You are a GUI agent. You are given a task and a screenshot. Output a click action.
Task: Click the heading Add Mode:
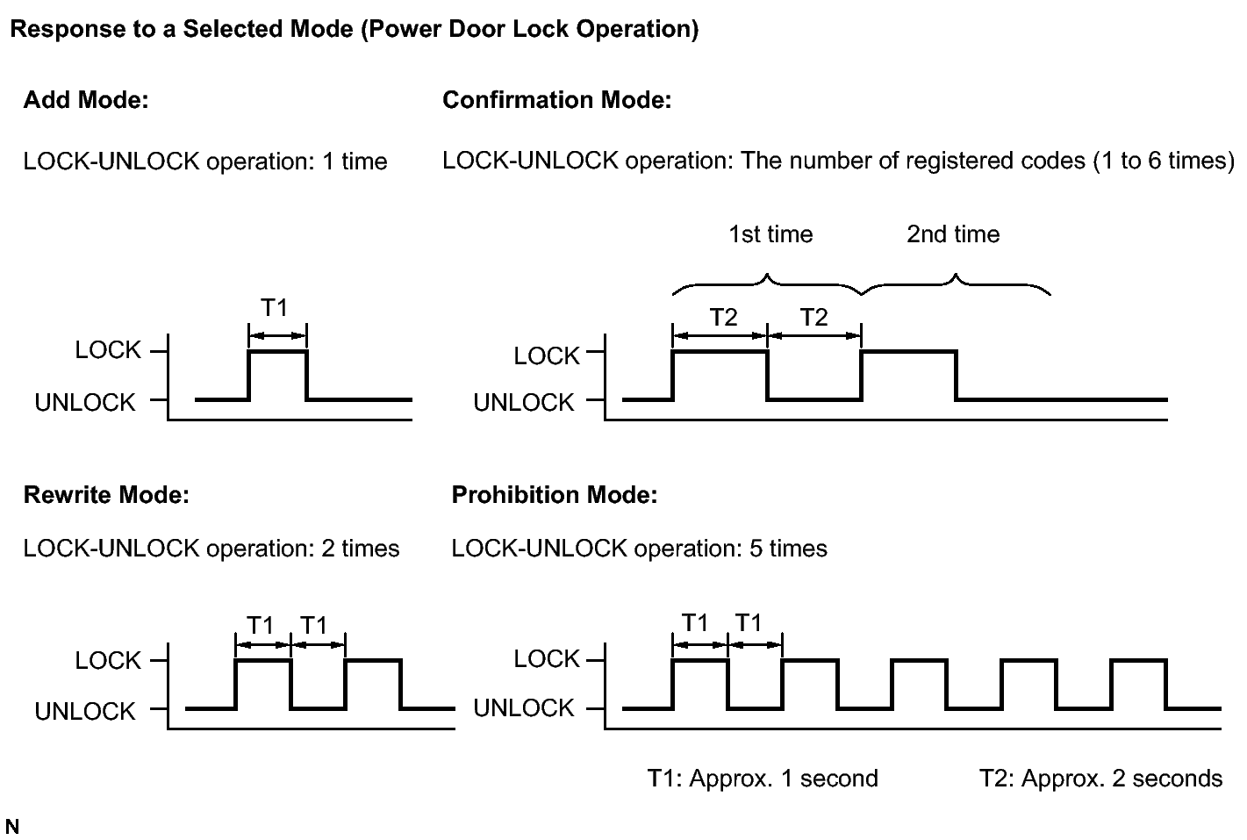86,100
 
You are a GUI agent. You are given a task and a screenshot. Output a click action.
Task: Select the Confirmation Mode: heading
556,100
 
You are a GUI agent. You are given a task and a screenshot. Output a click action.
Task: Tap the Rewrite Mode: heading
106,494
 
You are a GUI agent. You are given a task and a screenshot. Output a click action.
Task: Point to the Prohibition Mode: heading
555,494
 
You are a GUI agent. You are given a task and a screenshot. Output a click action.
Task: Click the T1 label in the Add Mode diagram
274,307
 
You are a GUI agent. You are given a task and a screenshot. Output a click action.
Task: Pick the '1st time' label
770,233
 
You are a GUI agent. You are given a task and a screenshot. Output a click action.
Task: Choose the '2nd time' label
953,233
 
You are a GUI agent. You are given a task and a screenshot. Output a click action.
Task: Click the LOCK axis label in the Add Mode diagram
108,350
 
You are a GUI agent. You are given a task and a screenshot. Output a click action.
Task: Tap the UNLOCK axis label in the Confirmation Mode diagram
523,403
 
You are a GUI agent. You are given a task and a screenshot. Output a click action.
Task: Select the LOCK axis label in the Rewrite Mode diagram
108,661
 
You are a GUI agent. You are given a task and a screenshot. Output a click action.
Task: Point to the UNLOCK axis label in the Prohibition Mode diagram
523,708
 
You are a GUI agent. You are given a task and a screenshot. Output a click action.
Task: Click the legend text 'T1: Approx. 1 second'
763,779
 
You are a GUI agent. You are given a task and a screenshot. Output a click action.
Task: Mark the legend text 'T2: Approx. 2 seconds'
1100,779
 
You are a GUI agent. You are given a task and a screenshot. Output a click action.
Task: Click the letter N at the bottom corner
11,826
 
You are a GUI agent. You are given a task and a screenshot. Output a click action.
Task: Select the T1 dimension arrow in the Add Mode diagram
277,335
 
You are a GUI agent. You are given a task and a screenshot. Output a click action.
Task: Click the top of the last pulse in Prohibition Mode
1138,660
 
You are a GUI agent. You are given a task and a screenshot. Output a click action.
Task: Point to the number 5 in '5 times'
756,549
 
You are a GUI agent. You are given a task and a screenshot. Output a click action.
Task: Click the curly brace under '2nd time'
956,284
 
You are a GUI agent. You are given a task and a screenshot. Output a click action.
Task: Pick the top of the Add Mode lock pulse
277,351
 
